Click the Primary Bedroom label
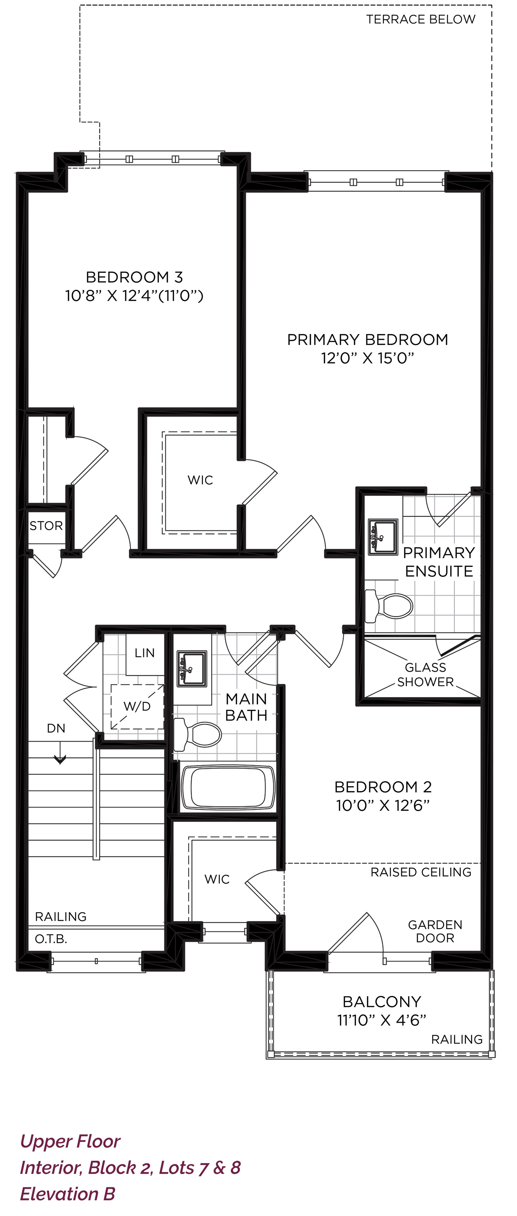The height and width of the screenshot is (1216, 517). click(x=367, y=339)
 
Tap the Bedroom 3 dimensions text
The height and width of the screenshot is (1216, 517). click(x=134, y=296)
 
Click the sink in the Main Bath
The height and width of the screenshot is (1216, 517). click(x=192, y=668)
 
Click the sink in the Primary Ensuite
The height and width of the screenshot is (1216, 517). click(x=383, y=537)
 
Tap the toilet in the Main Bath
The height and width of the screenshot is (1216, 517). click(x=197, y=734)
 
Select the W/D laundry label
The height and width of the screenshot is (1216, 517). click(x=137, y=706)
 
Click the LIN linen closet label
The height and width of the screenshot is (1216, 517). click(x=144, y=653)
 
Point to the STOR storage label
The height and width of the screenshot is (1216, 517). click(x=46, y=526)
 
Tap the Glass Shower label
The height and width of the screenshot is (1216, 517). click(x=425, y=674)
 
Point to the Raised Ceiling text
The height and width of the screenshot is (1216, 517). click(x=421, y=872)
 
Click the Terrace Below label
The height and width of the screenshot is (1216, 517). click(x=421, y=19)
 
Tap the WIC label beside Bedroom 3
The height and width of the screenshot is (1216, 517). click(x=200, y=480)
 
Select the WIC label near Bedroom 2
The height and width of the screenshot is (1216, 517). click(x=217, y=879)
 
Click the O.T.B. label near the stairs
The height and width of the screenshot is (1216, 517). click(x=51, y=939)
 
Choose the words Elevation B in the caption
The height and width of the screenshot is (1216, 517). click(x=68, y=1194)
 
